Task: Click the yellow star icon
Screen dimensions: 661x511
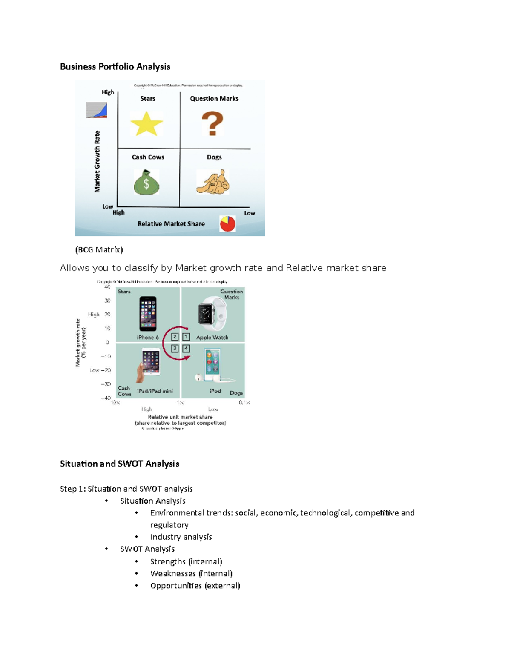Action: coord(146,124)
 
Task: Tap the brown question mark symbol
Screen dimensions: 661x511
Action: coord(212,123)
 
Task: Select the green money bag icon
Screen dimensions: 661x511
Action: coord(146,182)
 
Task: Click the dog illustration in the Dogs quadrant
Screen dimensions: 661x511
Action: coord(213,182)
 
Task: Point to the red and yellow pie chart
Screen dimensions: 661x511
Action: coord(227,223)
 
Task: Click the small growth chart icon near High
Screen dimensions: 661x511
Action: coord(97,110)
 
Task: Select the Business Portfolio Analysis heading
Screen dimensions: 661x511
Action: coord(115,66)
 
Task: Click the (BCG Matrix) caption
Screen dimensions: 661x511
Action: coord(99,250)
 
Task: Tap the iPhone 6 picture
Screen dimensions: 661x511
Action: coord(148,313)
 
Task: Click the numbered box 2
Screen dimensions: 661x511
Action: coord(175,337)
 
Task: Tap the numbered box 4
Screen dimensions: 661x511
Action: coord(186,348)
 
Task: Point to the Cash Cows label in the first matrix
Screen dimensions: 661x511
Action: coord(148,157)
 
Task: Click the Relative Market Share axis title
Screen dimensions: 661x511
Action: coord(171,224)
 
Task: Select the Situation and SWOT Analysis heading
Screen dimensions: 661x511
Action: coord(120,464)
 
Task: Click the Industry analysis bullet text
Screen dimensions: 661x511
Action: coord(181,537)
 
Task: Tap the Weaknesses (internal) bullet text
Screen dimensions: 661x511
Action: coord(191,573)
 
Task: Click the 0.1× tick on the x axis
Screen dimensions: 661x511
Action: coord(244,403)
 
